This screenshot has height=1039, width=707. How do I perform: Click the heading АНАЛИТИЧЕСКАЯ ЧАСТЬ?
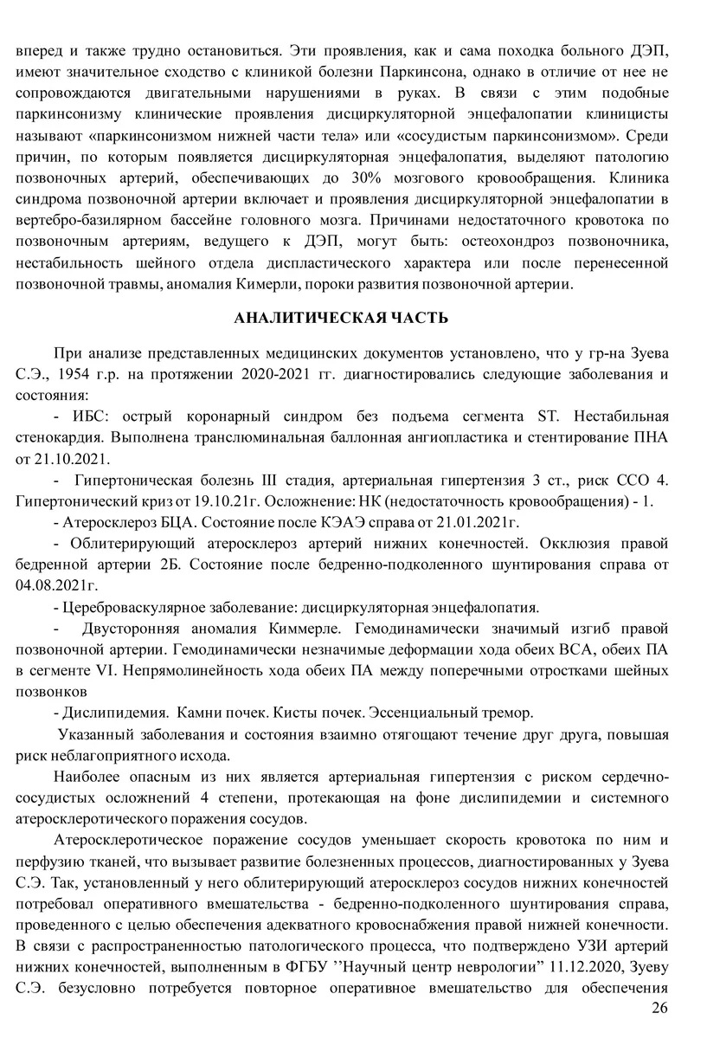point(341,318)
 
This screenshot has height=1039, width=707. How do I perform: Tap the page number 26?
point(659,1008)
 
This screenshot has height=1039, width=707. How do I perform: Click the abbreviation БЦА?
point(165,521)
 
